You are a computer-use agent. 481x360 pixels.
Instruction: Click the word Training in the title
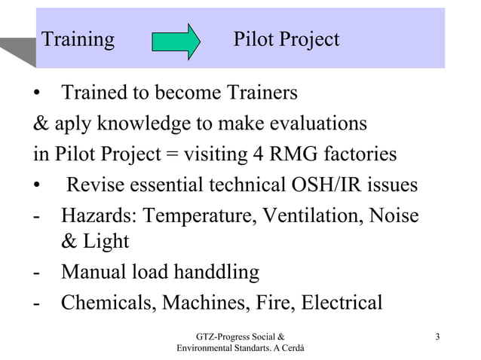pyautogui.click(x=78, y=39)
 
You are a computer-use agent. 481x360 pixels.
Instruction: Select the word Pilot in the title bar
pyautogui.click(x=255, y=39)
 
